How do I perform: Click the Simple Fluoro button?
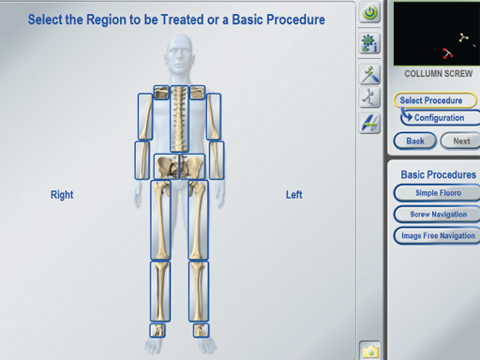tap(438, 193)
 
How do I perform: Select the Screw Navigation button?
tap(438, 215)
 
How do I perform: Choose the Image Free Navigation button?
tap(438, 235)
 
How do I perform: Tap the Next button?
tap(460, 141)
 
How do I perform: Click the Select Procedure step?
tap(435, 100)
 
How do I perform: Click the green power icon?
tap(370, 12)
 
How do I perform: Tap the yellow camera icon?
tap(370, 352)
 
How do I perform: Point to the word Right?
tap(62, 195)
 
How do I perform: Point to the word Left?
tap(294, 195)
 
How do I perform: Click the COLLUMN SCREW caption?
tap(439, 74)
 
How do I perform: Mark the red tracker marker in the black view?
tap(447, 53)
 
